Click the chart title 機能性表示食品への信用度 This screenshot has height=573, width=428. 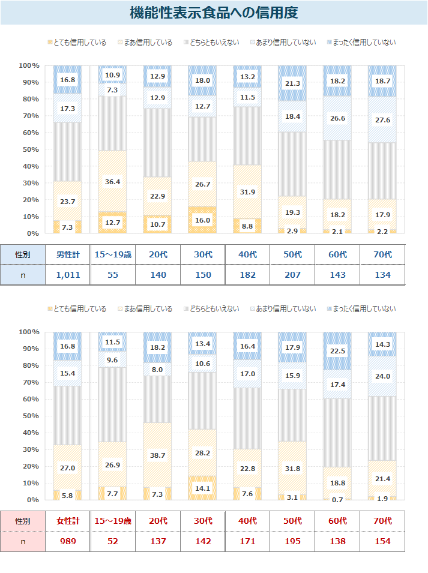click(x=214, y=13)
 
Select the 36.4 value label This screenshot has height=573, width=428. click(x=112, y=182)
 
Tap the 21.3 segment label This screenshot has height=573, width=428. click(x=292, y=83)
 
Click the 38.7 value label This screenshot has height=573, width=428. click(x=157, y=456)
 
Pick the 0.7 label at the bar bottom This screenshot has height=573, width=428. click(x=337, y=499)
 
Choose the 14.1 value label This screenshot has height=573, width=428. click(x=202, y=488)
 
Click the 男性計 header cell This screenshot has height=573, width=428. click(x=67, y=254)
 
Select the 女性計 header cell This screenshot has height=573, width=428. click(x=67, y=521)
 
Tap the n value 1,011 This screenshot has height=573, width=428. click(x=67, y=275)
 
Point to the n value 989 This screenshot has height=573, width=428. click(x=67, y=541)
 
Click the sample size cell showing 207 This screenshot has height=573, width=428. click(x=292, y=275)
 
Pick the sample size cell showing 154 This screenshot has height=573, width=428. click(x=382, y=541)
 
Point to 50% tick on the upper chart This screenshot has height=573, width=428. click(x=29, y=149)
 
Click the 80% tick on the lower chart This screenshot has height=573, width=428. click(x=29, y=365)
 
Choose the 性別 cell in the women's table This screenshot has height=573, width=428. click(x=23, y=521)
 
